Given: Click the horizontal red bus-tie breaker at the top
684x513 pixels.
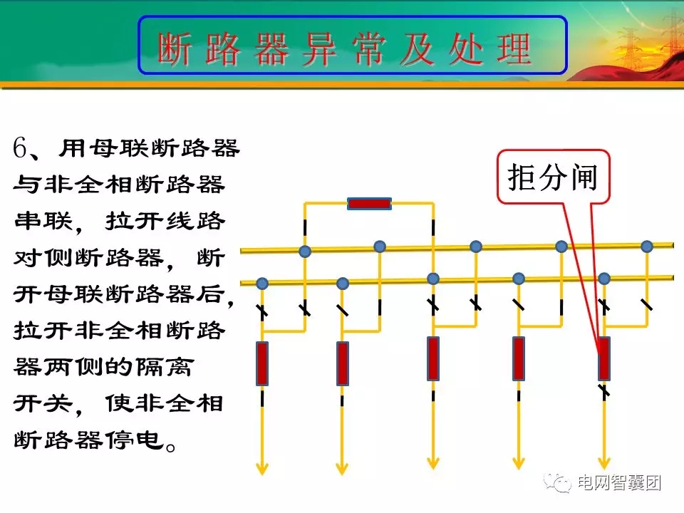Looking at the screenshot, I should point(369,204).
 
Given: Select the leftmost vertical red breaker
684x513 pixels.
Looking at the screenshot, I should point(262,363).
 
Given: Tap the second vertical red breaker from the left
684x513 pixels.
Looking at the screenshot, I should point(343,363).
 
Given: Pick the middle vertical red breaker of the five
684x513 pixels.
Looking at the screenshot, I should point(433,358).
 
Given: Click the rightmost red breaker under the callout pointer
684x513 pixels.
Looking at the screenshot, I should point(604,358).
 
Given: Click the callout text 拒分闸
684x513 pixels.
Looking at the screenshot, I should point(553,178).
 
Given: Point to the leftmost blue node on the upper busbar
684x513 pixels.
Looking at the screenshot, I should point(305,251).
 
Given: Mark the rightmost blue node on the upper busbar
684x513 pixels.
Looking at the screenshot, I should point(647,247).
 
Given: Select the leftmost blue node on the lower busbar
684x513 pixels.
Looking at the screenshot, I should point(262,284).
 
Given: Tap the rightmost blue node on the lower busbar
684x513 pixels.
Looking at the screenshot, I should point(604,278).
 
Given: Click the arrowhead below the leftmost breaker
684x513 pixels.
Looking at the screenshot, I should point(262,468).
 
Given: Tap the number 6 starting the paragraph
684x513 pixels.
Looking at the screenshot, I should point(20,150).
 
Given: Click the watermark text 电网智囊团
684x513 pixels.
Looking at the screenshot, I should point(619,483).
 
